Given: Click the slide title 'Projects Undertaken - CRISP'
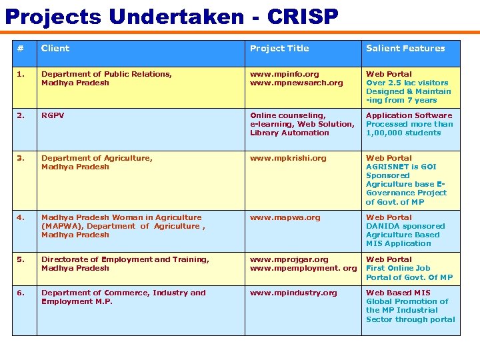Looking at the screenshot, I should tap(172, 16).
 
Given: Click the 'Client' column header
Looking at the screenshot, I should tap(55, 48).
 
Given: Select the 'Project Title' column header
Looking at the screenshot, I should tap(279, 48).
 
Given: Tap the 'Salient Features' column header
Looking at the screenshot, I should tap(405, 48).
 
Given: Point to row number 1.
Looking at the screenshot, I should tap(21, 74).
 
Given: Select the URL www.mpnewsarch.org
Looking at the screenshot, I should tap(296, 83).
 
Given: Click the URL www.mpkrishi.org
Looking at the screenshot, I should tap(288, 158).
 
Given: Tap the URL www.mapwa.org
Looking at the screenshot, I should tap(285, 217).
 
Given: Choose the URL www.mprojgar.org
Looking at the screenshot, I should tap(289, 259).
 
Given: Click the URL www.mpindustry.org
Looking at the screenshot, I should tap(293, 293).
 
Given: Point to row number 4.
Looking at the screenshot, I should tap(21, 217).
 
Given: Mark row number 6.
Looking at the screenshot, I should tap(21, 293).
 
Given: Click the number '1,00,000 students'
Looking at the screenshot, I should tap(403, 133).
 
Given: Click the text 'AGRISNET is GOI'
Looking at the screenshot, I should tap(401, 167).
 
